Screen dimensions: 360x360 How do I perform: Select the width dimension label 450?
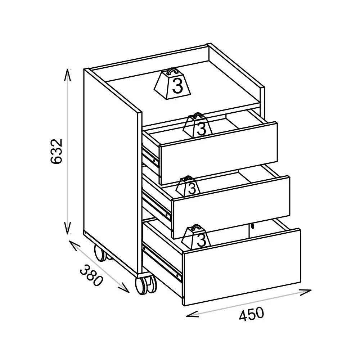pos(251,314)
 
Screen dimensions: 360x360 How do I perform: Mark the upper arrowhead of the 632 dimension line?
pos(67,72)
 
